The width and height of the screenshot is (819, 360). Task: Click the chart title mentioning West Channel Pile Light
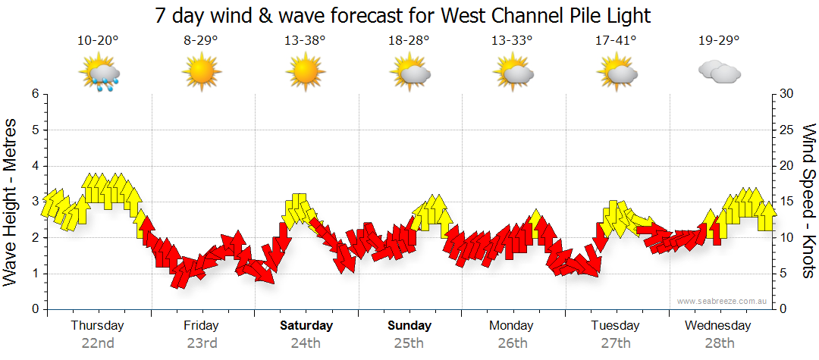(x=403, y=15)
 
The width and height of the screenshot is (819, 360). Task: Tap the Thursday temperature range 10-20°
(x=98, y=41)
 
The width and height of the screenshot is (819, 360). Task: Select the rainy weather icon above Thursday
(x=99, y=74)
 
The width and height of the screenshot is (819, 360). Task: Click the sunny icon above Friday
(x=201, y=74)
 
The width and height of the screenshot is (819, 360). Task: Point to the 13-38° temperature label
(x=305, y=41)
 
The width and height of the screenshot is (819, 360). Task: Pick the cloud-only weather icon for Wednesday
(x=719, y=73)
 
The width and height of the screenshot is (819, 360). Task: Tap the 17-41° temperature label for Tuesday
(x=615, y=41)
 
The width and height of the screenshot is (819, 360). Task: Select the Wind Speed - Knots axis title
(x=808, y=201)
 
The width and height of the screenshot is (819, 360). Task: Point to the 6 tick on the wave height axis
(x=34, y=94)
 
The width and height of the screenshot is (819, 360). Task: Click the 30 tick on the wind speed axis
(x=787, y=94)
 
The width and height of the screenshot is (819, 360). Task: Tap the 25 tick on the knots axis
(x=787, y=130)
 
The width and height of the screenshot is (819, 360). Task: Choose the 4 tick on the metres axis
(x=34, y=166)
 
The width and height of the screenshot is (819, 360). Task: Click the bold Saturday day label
(x=306, y=326)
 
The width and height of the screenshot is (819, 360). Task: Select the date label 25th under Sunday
(x=409, y=343)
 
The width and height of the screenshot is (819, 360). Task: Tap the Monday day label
(x=511, y=326)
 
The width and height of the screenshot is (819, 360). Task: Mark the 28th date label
(x=719, y=343)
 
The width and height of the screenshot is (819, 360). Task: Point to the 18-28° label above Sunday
(x=409, y=41)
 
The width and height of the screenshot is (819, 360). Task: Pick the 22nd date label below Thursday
(x=98, y=343)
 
